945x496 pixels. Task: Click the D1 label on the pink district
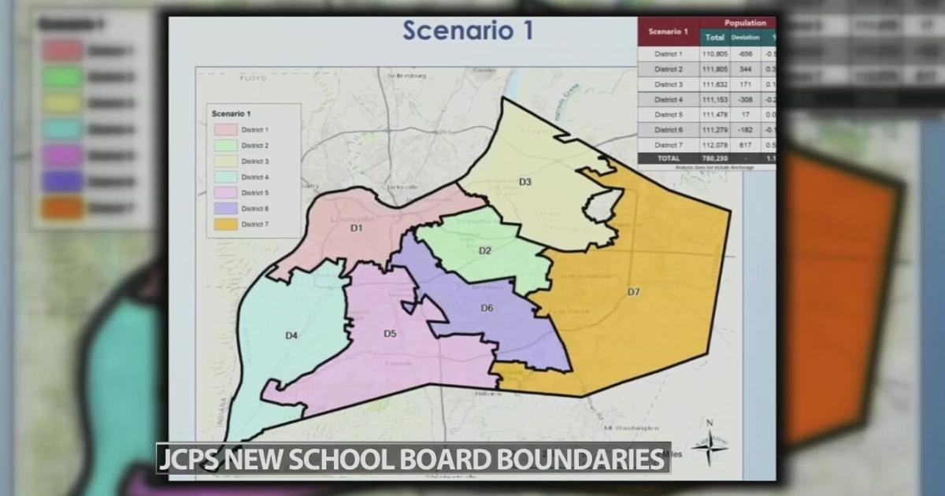coord(356,229)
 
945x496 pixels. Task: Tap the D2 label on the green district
coord(485,250)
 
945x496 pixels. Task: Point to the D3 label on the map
coord(524,182)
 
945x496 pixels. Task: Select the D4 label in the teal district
coord(291,336)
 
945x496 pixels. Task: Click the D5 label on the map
coord(390,334)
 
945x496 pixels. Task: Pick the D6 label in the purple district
coord(487,308)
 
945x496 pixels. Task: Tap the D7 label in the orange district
coord(633,292)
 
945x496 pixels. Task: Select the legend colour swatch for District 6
coord(225,209)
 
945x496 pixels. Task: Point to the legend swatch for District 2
coord(225,146)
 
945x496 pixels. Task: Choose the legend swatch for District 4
coord(225,177)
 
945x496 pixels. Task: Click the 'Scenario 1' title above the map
coord(468,31)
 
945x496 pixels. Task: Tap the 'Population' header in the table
coord(744,24)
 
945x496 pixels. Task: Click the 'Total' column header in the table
coord(715,37)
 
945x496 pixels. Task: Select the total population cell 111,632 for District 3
coord(715,84)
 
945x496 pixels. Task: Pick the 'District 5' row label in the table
coord(669,115)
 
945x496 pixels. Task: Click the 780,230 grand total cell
coord(715,158)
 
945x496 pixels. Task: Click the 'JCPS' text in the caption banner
coord(187,458)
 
